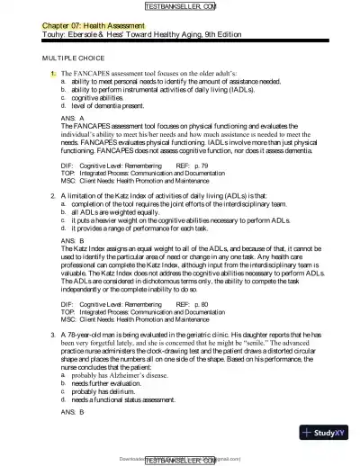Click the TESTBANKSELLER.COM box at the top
pos(179,6)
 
